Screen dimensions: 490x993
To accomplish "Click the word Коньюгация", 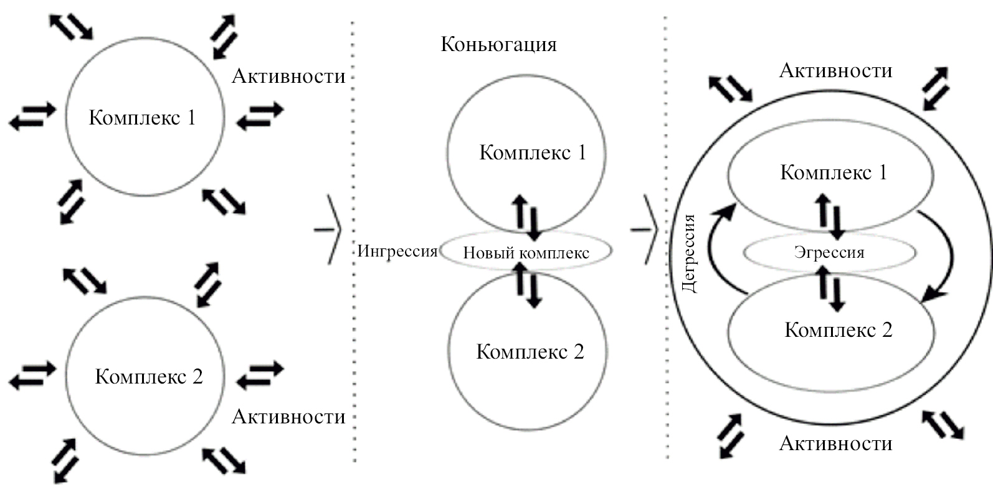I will [498, 44].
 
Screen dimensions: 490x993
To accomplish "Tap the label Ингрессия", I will [397, 251].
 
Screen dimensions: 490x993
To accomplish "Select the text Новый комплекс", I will [526, 253].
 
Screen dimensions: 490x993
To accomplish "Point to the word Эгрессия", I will [829, 252].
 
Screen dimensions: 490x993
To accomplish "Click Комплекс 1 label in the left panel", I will [142, 117].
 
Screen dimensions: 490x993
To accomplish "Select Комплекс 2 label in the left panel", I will [148, 376].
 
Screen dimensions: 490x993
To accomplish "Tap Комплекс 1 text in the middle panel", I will [533, 153].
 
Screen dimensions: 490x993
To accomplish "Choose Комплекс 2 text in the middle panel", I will [530, 352].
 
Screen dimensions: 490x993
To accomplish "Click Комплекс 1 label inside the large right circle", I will [834, 172].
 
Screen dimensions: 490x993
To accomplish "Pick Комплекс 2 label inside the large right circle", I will [838, 329].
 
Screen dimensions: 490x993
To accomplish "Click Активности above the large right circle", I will [835, 70].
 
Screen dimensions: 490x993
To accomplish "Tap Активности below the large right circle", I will [835, 443].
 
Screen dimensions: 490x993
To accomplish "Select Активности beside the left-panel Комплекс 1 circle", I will [288, 76].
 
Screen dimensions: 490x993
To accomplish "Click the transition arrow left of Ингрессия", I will [328, 229].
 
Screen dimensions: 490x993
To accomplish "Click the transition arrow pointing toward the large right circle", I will [645, 229].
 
